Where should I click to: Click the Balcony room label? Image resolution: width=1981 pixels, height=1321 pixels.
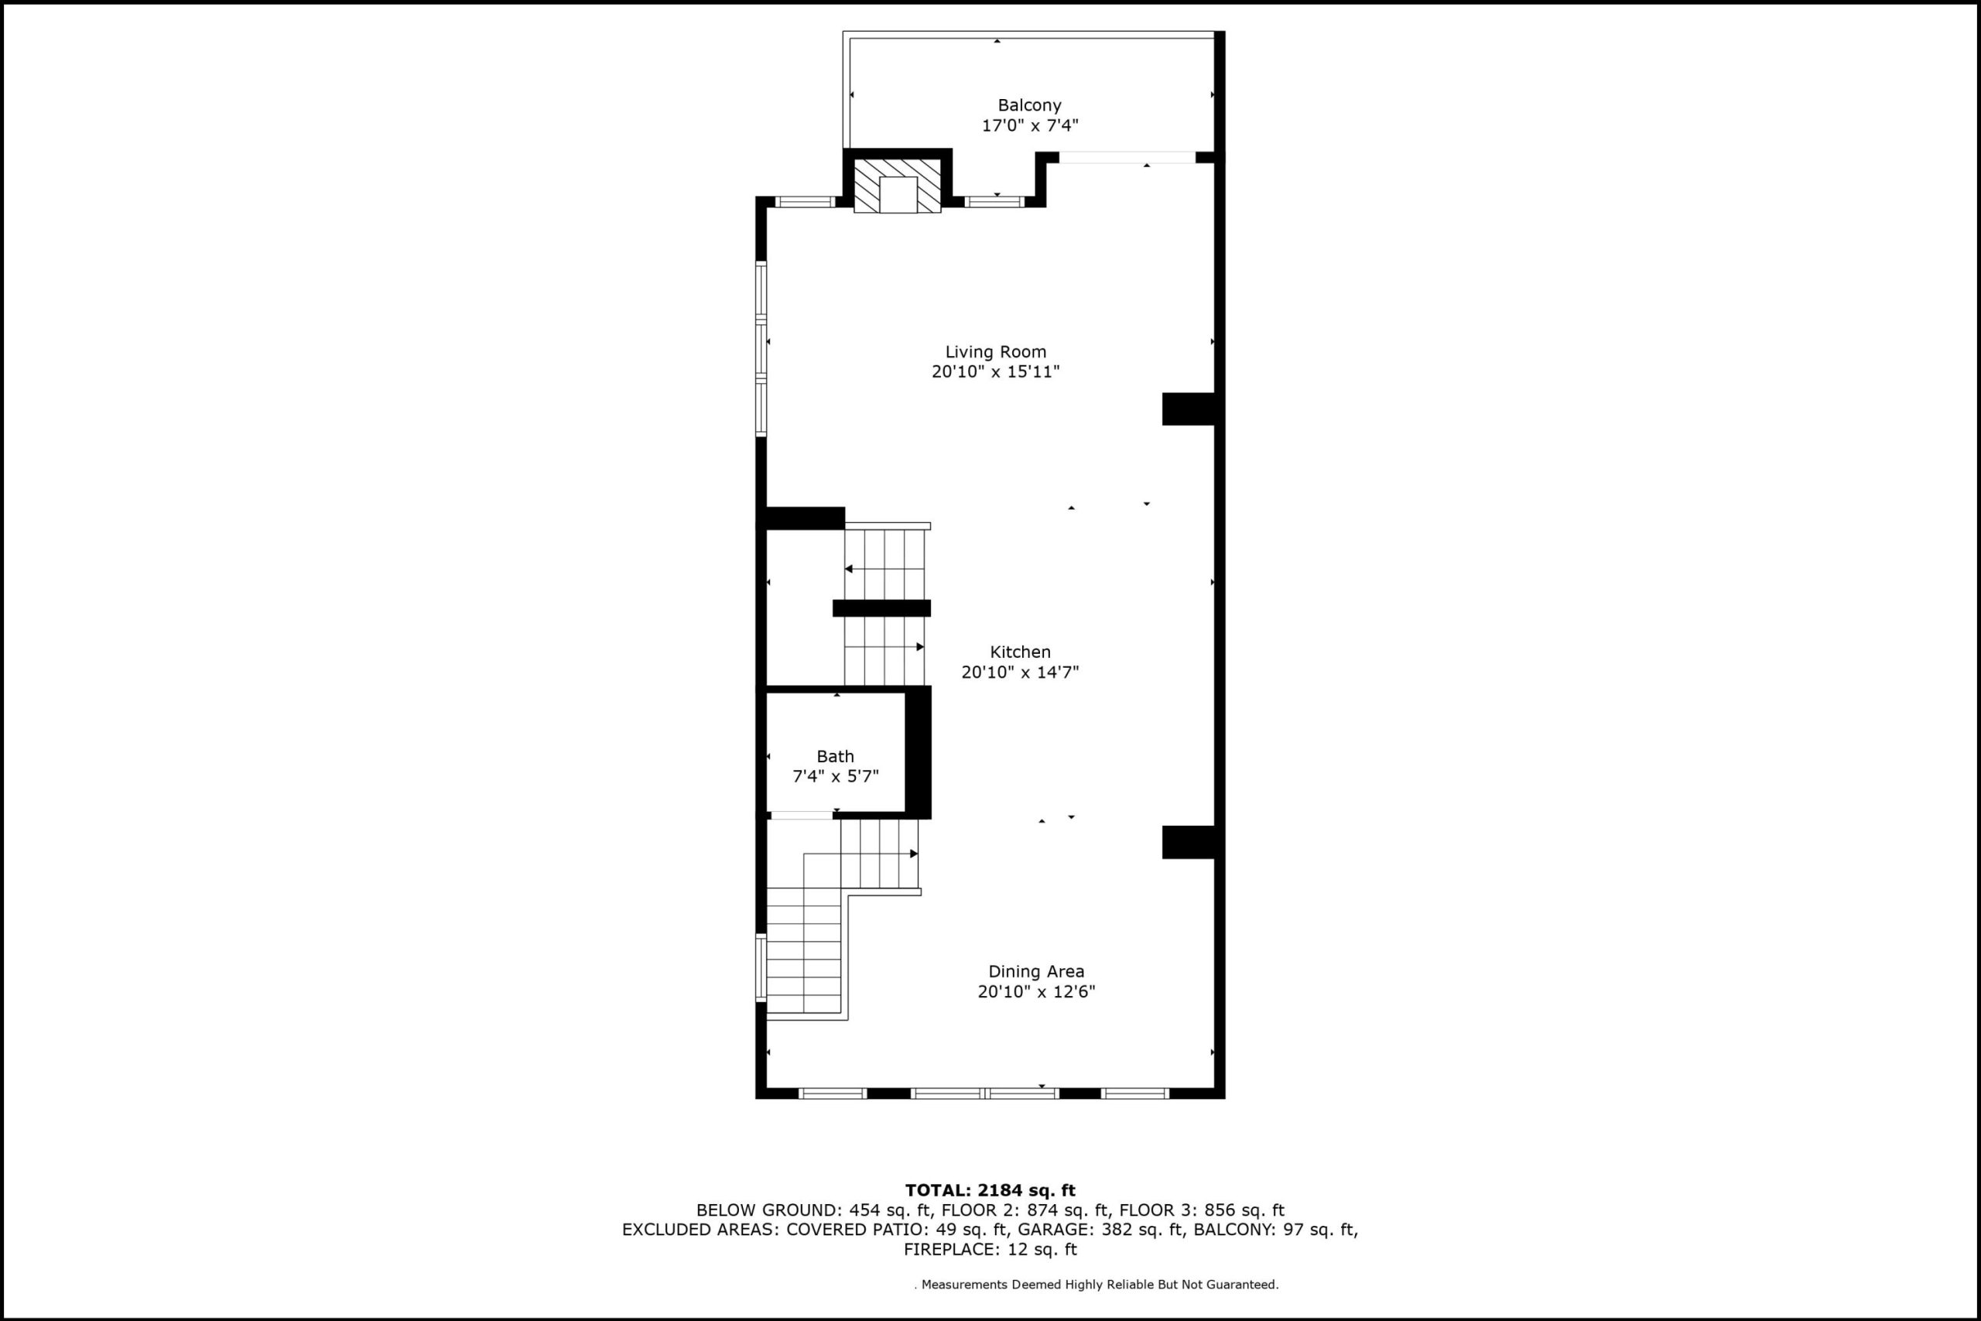[x=1029, y=105]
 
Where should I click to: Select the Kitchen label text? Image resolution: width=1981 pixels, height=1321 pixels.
[x=1020, y=652]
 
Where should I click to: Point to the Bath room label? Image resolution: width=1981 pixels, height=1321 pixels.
[x=835, y=757]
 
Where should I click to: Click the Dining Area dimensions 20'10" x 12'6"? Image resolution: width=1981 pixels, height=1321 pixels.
[x=1036, y=991]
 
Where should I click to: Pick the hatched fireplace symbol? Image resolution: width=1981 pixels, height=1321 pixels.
[x=898, y=186]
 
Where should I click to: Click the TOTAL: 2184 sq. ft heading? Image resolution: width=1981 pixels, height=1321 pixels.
[x=990, y=1190]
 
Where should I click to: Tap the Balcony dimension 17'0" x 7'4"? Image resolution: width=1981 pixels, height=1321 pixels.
[x=1030, y=125]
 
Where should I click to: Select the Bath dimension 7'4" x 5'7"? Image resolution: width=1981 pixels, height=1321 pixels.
[x=836, y=776]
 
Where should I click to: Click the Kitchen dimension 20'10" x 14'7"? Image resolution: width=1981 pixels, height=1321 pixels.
[x=1020, y=672]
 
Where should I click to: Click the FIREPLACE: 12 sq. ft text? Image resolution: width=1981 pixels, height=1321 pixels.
[x=990, y=1249]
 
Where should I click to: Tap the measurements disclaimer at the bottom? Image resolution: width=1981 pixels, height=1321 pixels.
[x=1097, y=1285]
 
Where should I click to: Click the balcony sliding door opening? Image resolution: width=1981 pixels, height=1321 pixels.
[x=1127, y=158]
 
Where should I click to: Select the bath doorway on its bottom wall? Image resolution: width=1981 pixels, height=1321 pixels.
[x=802, y=815]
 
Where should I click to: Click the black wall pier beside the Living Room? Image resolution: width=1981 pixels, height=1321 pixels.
[x=1189, y=409]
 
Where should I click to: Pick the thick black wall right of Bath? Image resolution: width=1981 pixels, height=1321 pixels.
[x=918, y=752]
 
